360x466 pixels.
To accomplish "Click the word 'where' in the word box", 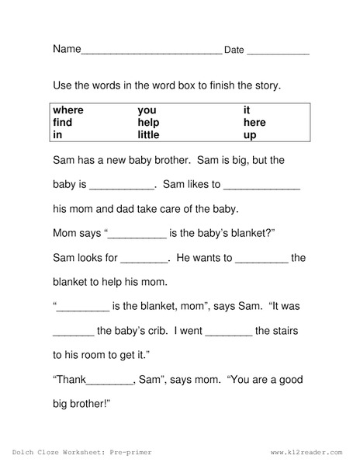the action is click(68, 110).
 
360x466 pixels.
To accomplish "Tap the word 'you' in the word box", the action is click(147, 110).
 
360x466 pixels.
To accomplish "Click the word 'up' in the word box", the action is click(250, 135).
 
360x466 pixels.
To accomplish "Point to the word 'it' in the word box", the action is click(247, 110).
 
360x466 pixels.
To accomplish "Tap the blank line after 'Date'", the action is click(279, 52).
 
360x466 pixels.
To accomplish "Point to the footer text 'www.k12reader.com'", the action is click(306, 451).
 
